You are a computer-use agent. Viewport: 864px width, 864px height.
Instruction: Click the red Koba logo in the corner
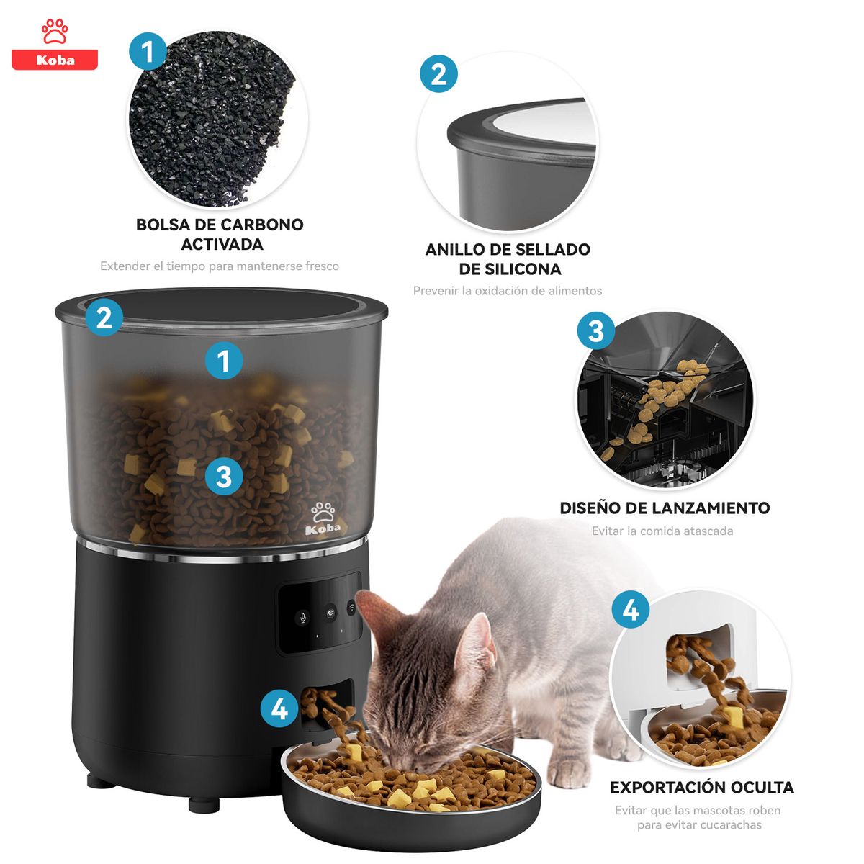[55, 45]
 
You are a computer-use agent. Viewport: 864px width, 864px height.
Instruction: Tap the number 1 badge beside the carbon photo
[148, 51]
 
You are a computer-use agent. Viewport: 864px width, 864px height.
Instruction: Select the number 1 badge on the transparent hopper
[223, 361]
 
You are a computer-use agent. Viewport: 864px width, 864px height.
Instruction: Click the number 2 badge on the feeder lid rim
[104, 318]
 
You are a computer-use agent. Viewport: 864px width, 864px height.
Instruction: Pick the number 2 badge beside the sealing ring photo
[438, 74]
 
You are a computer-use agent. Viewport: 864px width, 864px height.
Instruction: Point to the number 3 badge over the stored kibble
[223, 477]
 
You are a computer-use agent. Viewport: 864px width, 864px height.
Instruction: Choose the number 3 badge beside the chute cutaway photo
[595, 331]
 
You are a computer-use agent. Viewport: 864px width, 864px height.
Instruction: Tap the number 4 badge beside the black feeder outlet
[279, 708]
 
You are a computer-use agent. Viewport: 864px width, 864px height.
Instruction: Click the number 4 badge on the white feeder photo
[630, 610]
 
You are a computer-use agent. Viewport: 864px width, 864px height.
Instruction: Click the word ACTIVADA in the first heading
[222, 244]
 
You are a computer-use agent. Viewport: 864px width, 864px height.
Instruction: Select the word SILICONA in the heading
[510, 269]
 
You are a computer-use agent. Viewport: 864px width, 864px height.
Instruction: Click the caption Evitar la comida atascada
[662, 531]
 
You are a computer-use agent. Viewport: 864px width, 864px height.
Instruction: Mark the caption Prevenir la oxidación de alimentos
[508, 291]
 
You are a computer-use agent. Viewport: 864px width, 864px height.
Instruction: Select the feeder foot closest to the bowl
[204, 803]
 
